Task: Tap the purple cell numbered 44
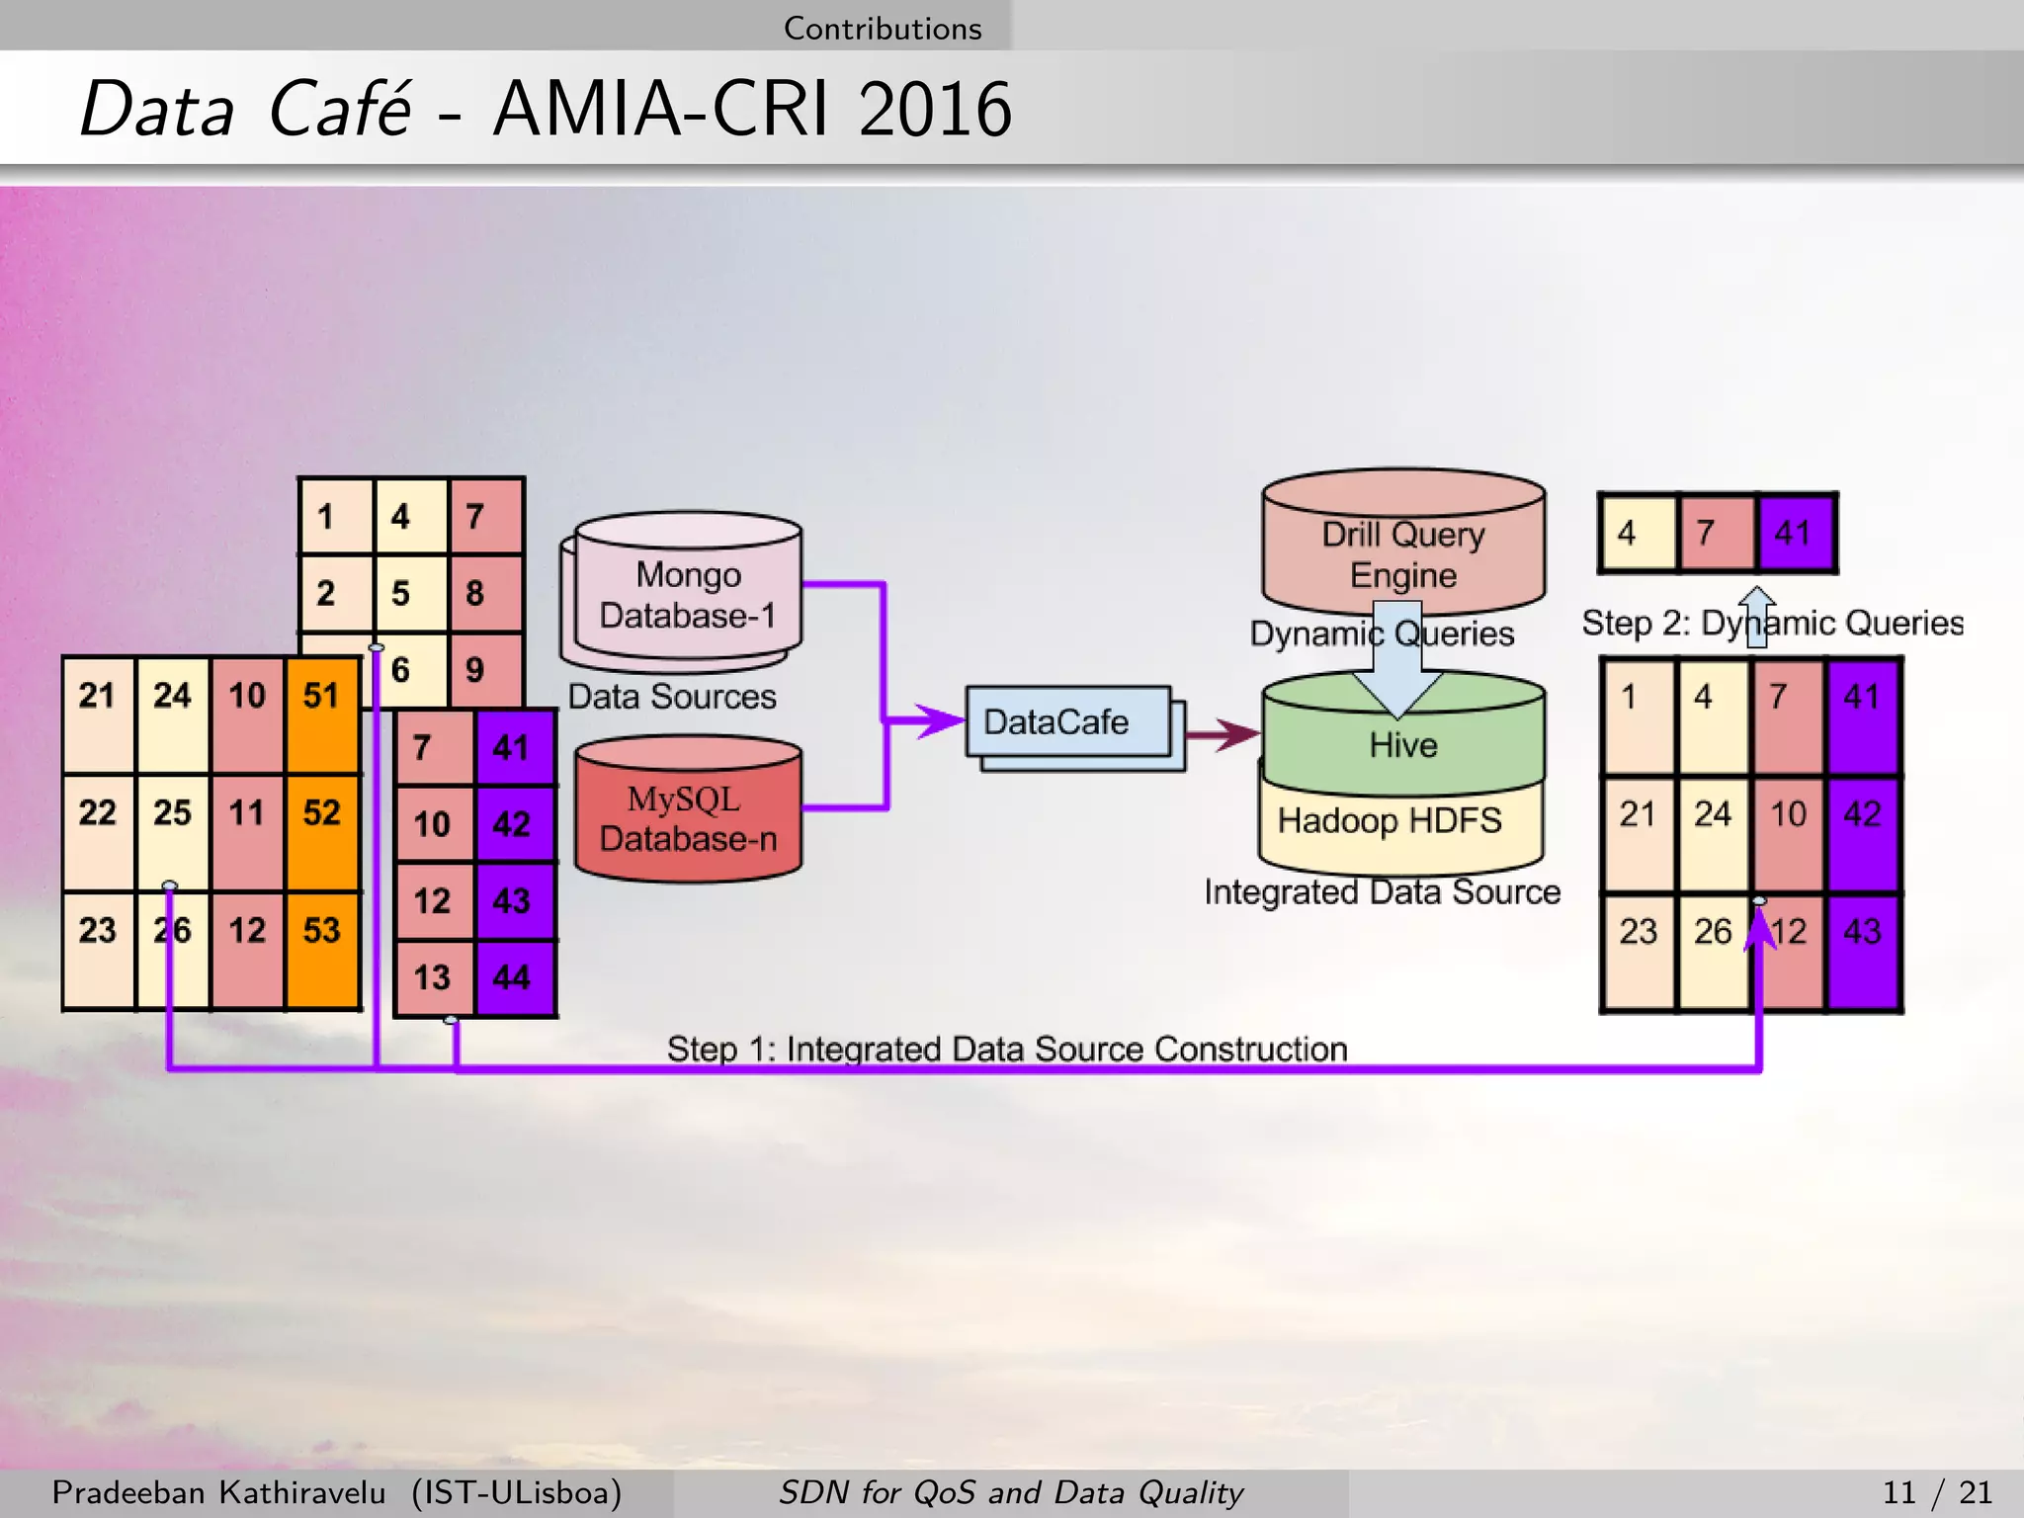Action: [514, 978]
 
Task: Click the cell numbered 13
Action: [433, 978]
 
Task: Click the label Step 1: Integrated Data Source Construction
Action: [1006, 1049]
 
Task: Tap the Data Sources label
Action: [672, 697]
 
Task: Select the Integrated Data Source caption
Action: [1382, 892]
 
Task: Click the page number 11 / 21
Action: [1937, 1491]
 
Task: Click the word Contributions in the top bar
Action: [883, 28]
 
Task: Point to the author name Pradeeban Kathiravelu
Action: [218, 1491]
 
